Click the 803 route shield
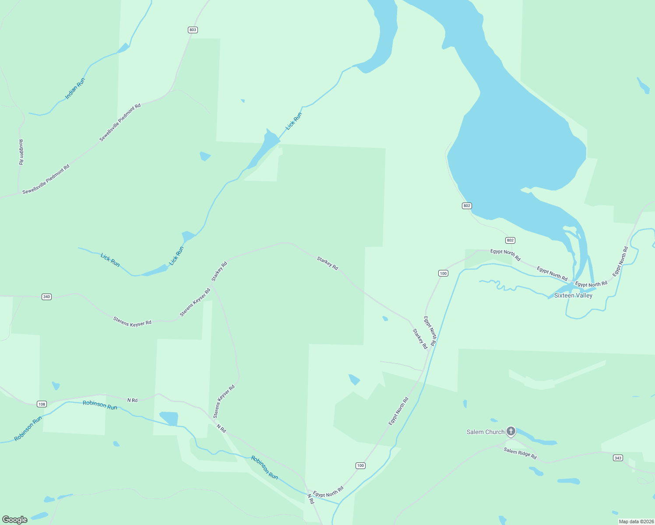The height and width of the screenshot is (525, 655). click(x=193, y=30)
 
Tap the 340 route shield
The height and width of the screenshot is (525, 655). click(x=46, y=297)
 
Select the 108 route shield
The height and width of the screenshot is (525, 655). click(x=42, y=404)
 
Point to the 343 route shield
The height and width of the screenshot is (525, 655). click(x=618, y=458)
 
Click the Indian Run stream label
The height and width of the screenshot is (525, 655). click(x=75, y=88)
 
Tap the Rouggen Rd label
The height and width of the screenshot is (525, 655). click(x=21, y=152)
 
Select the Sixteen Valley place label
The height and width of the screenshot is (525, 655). click(x=573, y=295)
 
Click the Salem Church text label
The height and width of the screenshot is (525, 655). click(x=486, y=432)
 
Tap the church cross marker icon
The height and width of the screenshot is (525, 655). click(x=511, y=431)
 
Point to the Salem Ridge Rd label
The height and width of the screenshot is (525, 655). click(x=520, y=453)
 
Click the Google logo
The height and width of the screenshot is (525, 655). click(x=15, y=520)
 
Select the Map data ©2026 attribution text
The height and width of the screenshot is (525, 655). click(x=636, y=521)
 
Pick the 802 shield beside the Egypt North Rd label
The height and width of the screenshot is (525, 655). click(x=510, y=240)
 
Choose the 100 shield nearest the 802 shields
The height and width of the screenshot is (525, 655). click(x=443, y=273)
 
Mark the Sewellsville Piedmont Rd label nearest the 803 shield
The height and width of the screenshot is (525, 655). click(x=120, y=122)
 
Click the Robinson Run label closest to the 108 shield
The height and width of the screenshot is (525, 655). click(x=100, y=405)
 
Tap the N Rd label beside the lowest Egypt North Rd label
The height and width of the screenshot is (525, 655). click(x=310, y=499)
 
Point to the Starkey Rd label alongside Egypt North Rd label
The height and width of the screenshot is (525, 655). click(x=420, y=339)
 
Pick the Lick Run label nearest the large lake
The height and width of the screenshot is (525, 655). click(x=294, y=121)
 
